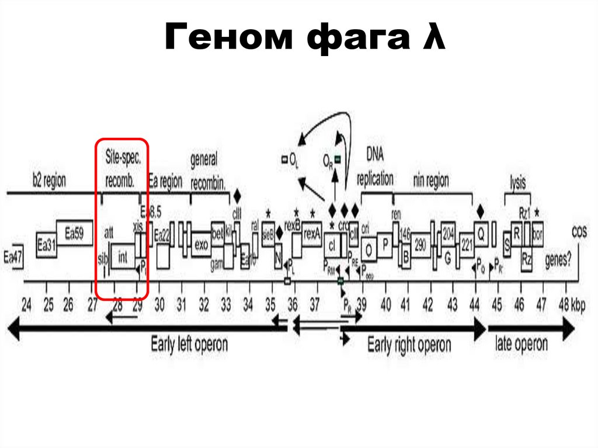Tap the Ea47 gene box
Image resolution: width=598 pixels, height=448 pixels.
12,257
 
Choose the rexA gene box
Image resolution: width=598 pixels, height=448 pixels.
312,234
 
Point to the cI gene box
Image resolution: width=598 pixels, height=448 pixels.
332,245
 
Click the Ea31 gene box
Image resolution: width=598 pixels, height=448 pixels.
46,244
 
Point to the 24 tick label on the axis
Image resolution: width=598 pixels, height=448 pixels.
26,304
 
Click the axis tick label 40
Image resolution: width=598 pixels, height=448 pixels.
386,304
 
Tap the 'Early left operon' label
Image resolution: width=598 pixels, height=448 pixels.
189,343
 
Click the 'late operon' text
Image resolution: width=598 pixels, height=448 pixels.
521,343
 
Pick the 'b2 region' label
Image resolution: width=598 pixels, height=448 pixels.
49,181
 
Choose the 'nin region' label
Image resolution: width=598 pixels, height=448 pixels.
430,181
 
